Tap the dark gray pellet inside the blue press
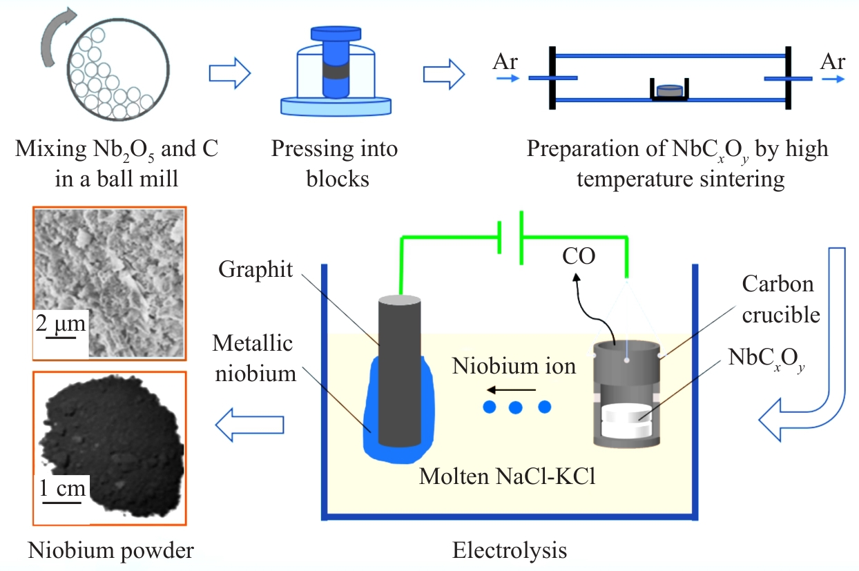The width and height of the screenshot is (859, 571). [336, 71]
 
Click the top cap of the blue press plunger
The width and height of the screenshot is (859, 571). [336, 33]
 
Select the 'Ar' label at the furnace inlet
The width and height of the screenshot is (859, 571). [505, 61]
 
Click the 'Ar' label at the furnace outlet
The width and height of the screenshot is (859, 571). [833, 61]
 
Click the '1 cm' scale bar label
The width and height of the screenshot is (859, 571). [62, 487]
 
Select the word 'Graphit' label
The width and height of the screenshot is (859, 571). [255, 269]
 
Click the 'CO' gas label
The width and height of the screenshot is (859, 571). [579, 255]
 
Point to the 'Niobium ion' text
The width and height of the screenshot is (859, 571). [514, 366]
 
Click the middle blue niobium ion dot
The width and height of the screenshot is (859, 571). [515, 407]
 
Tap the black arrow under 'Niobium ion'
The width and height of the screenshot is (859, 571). [511, 390]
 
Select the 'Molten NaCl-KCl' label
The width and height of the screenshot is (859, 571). [507, 476]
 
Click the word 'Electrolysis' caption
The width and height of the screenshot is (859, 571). [510, 550]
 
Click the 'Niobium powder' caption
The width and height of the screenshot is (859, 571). [110, 551]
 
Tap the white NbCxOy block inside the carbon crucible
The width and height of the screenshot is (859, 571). [626, 420]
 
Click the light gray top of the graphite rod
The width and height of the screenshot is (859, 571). [400, 300]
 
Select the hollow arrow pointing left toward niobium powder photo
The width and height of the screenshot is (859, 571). [250, 425]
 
